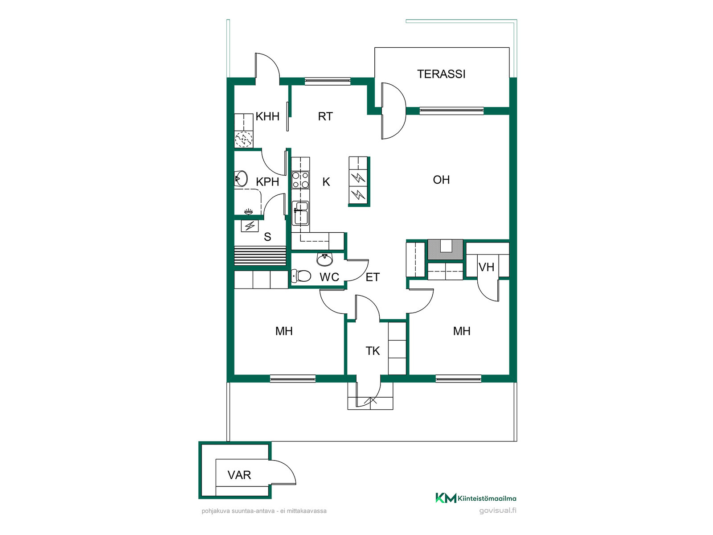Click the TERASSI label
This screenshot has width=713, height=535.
441,74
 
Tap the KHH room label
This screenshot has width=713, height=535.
267,116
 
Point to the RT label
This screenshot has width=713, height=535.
325,116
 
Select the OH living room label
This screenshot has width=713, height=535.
441,180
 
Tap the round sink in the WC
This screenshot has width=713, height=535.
324,259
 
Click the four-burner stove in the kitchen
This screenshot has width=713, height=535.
300,180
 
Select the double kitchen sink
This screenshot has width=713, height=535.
300,213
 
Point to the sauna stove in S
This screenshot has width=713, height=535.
250,226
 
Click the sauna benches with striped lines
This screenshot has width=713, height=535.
260,256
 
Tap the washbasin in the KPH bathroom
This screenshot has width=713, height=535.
241,178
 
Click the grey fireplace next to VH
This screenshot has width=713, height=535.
445,249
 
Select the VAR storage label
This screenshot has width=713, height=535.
239,475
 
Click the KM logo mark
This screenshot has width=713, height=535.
445,498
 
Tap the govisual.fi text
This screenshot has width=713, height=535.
497,510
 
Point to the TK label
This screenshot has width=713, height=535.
372,351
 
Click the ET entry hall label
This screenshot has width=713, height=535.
372,277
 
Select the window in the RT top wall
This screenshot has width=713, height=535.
328,81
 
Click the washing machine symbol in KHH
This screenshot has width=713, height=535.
244,140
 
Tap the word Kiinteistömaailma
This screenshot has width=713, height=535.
487,498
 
